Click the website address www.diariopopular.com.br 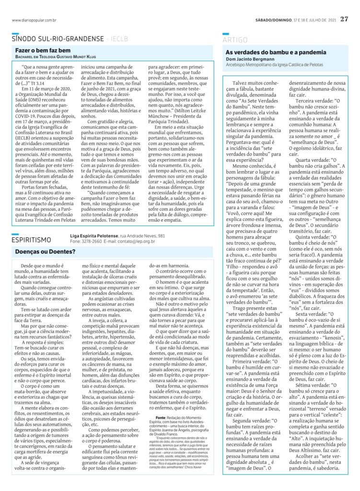[x=35, y=20]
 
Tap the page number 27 [x=344, y=19]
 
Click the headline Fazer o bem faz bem [x=43, y=50]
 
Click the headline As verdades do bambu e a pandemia [x=276, y=51]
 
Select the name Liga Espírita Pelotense [x=94, y=236]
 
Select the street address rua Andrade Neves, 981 [x=142, y=236]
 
